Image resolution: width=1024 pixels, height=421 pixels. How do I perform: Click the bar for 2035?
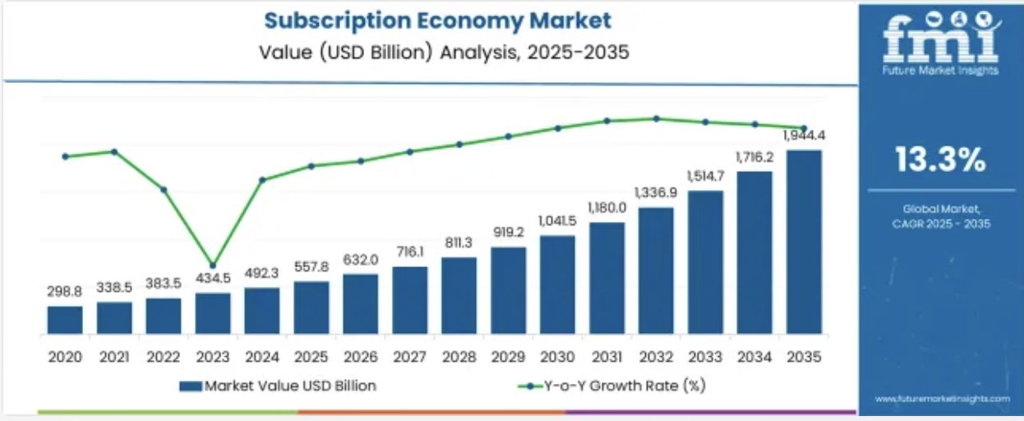pyautogui.click(x=804, y=242)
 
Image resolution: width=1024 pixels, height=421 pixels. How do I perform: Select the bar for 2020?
pyautogui.click(x=65, y=320)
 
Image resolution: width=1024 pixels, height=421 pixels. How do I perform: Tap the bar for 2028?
pyautogui.click(x=459, y=296)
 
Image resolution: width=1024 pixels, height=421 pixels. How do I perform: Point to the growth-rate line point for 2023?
pyautogui.click(x=213, y=266)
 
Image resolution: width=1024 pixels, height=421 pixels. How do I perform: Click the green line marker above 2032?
pyautogui.click(x=657, y=118)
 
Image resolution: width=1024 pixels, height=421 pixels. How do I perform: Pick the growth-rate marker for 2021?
pyautogui.click(x=114, y=152)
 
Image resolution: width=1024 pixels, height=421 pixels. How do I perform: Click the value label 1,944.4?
pyautogui.click(x=804, y=136)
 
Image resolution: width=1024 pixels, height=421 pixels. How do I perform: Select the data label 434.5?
pyautogui.click(x=213, y=278)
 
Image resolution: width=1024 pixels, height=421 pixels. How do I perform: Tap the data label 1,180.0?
pyautogui.click(x=607, y=208)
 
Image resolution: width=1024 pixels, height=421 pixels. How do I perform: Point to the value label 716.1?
pyautogui.click(x=410, y=252)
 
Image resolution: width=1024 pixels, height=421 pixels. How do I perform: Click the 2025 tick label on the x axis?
pyautogui.click(x=311, y=357)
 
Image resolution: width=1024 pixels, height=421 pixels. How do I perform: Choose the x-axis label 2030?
pyautogui.click(x=557, y=357)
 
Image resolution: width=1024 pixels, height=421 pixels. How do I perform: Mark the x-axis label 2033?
pyautogui.click(x=705, y=357)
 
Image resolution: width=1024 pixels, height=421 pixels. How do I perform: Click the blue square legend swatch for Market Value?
pyautogui.click(x=190, y=386)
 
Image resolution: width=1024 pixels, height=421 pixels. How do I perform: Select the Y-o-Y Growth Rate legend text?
pyautogui.click(x=625, y=386)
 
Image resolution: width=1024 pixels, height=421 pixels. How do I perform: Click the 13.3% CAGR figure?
pyautogui.click(x=940, y=160)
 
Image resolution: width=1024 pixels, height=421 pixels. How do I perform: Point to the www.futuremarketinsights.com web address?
pyautogui.click(x=942, y=399)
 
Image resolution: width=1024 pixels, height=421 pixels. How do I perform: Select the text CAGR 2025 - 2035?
pyautogui.click(x=941, y=224)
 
